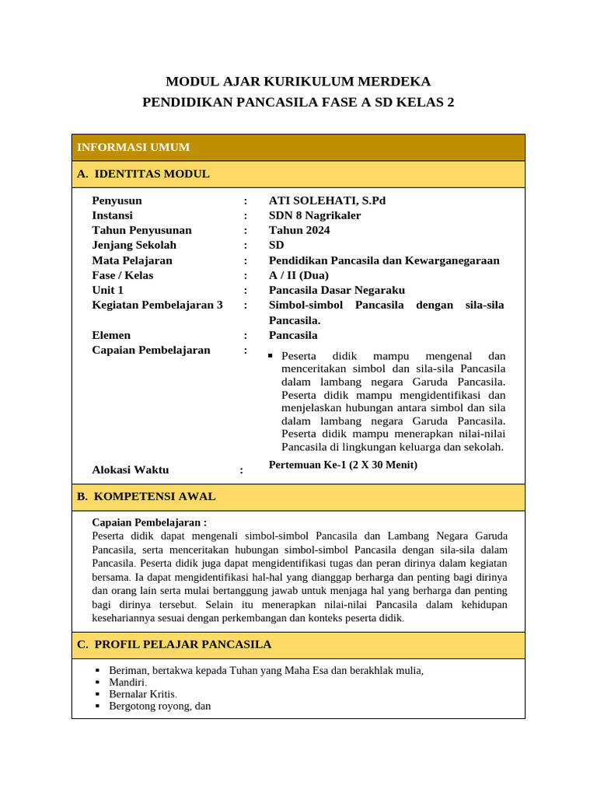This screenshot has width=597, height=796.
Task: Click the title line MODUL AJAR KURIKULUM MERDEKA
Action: (298, 82)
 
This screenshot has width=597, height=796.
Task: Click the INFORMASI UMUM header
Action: (133, 148)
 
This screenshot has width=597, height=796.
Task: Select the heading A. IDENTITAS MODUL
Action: (143, 174)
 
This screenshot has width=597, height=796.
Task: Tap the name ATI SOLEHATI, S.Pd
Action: (326, 201)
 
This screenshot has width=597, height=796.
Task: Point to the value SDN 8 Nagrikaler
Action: (315, 215)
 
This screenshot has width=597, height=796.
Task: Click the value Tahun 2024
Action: (299, 230)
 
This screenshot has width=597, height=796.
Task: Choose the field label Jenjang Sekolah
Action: (134, 245)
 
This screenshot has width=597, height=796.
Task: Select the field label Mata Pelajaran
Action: (132, 260)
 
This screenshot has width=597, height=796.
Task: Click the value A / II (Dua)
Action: (298, 275)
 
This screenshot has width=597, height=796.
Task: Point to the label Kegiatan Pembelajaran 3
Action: (157, 305)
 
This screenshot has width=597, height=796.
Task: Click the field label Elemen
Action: (111, 335)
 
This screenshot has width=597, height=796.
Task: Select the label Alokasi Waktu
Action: (130, 470)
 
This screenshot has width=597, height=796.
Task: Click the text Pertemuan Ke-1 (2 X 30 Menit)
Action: (343, 465)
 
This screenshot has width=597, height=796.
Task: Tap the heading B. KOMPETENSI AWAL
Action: (146, 497)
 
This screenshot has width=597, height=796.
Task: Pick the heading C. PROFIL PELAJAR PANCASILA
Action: (174, 644)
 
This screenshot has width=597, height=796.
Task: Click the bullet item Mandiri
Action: (128, 682)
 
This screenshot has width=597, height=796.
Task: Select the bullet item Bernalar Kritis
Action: (143, 694)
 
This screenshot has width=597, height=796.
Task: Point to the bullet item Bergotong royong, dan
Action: (159, 706)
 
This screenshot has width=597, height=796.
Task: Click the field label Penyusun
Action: (117, 201)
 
